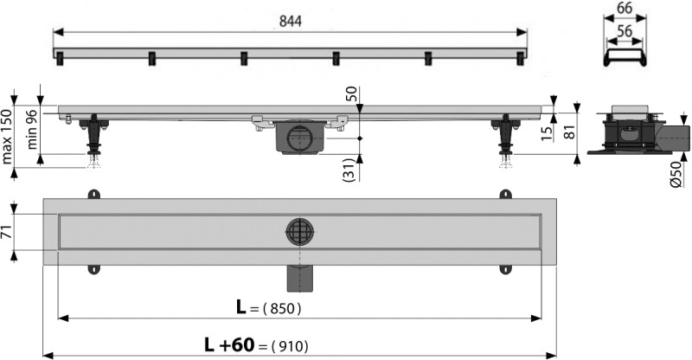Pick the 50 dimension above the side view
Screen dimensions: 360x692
click(x=351, y=94)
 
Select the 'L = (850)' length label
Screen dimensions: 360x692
click(x=269, y=307)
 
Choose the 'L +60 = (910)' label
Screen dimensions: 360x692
click(x=255, y=345)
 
